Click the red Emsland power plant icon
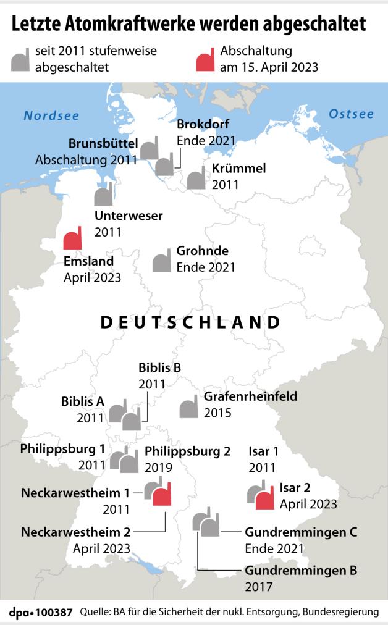click(x=73, y=238)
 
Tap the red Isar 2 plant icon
click(x=264, y=497)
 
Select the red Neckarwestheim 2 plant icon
click(x=162, y=495)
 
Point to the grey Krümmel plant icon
click(x=196, y=178)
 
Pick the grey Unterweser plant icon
click(x=103, y=195)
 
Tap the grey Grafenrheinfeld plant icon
click(x=188, y=408)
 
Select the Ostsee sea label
click(x=351, y=114)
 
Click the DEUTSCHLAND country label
click(x=190, y=322)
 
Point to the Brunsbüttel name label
click(x=103, y=143)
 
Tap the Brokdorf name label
click(x=203, y=124)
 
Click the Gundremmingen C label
click(x=301, y=531)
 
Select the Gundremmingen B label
click(x=301, y=570)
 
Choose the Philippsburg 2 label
click(x=187, y=451)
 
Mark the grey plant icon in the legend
click(x=20, y=59)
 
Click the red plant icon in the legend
click(x=205, y=59)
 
